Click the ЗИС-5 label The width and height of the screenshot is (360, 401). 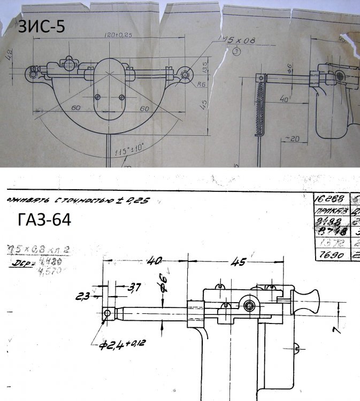click(x=42, y=27)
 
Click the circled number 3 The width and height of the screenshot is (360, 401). click(x=236, y=51)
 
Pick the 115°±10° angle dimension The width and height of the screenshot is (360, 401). click(x=128, y=151)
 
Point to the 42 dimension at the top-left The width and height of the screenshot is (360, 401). click(x=9, y=55)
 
